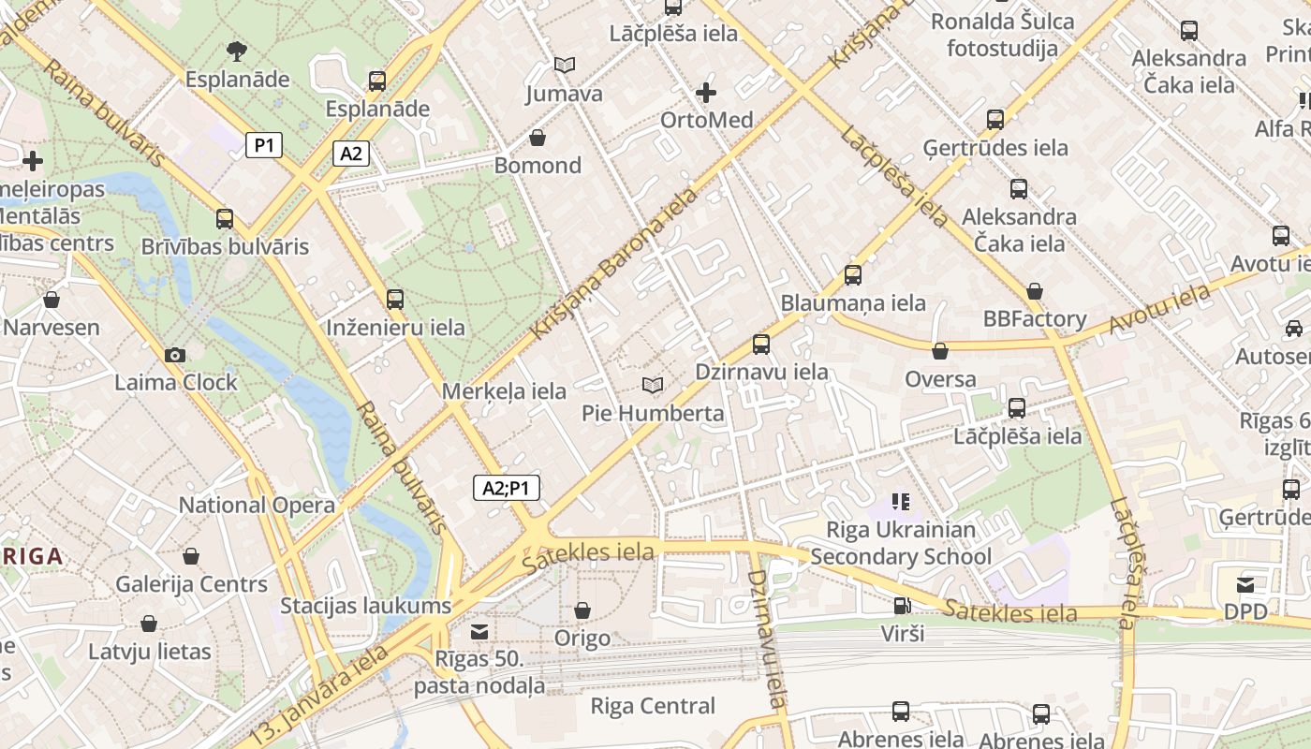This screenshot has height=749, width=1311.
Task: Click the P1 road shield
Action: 264,145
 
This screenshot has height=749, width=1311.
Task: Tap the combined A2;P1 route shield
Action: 506,488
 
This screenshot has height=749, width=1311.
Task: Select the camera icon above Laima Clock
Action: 174,355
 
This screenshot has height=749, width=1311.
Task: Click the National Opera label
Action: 257,506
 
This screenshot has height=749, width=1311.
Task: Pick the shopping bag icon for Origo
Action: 582,610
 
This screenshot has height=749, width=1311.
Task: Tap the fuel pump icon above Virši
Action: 902,606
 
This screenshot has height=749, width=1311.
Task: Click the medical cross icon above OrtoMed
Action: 706,93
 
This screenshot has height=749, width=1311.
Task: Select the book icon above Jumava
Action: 564,65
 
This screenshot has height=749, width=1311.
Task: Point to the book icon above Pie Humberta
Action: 653,385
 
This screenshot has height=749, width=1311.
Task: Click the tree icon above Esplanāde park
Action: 237,51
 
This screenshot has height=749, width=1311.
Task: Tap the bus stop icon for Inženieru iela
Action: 395,300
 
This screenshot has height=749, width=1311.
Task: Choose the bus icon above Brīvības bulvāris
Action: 225,219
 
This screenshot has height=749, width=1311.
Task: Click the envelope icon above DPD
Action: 1245,585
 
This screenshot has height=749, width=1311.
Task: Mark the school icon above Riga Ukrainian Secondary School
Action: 900,502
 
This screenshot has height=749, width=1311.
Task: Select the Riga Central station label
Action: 653,706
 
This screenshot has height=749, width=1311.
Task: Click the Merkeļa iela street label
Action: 504,391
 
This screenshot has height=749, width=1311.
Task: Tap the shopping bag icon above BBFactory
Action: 1035,291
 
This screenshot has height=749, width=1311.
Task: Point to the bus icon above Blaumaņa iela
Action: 853,275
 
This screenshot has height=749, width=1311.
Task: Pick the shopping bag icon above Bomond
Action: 538,139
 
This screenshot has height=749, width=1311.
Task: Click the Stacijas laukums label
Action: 366,606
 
